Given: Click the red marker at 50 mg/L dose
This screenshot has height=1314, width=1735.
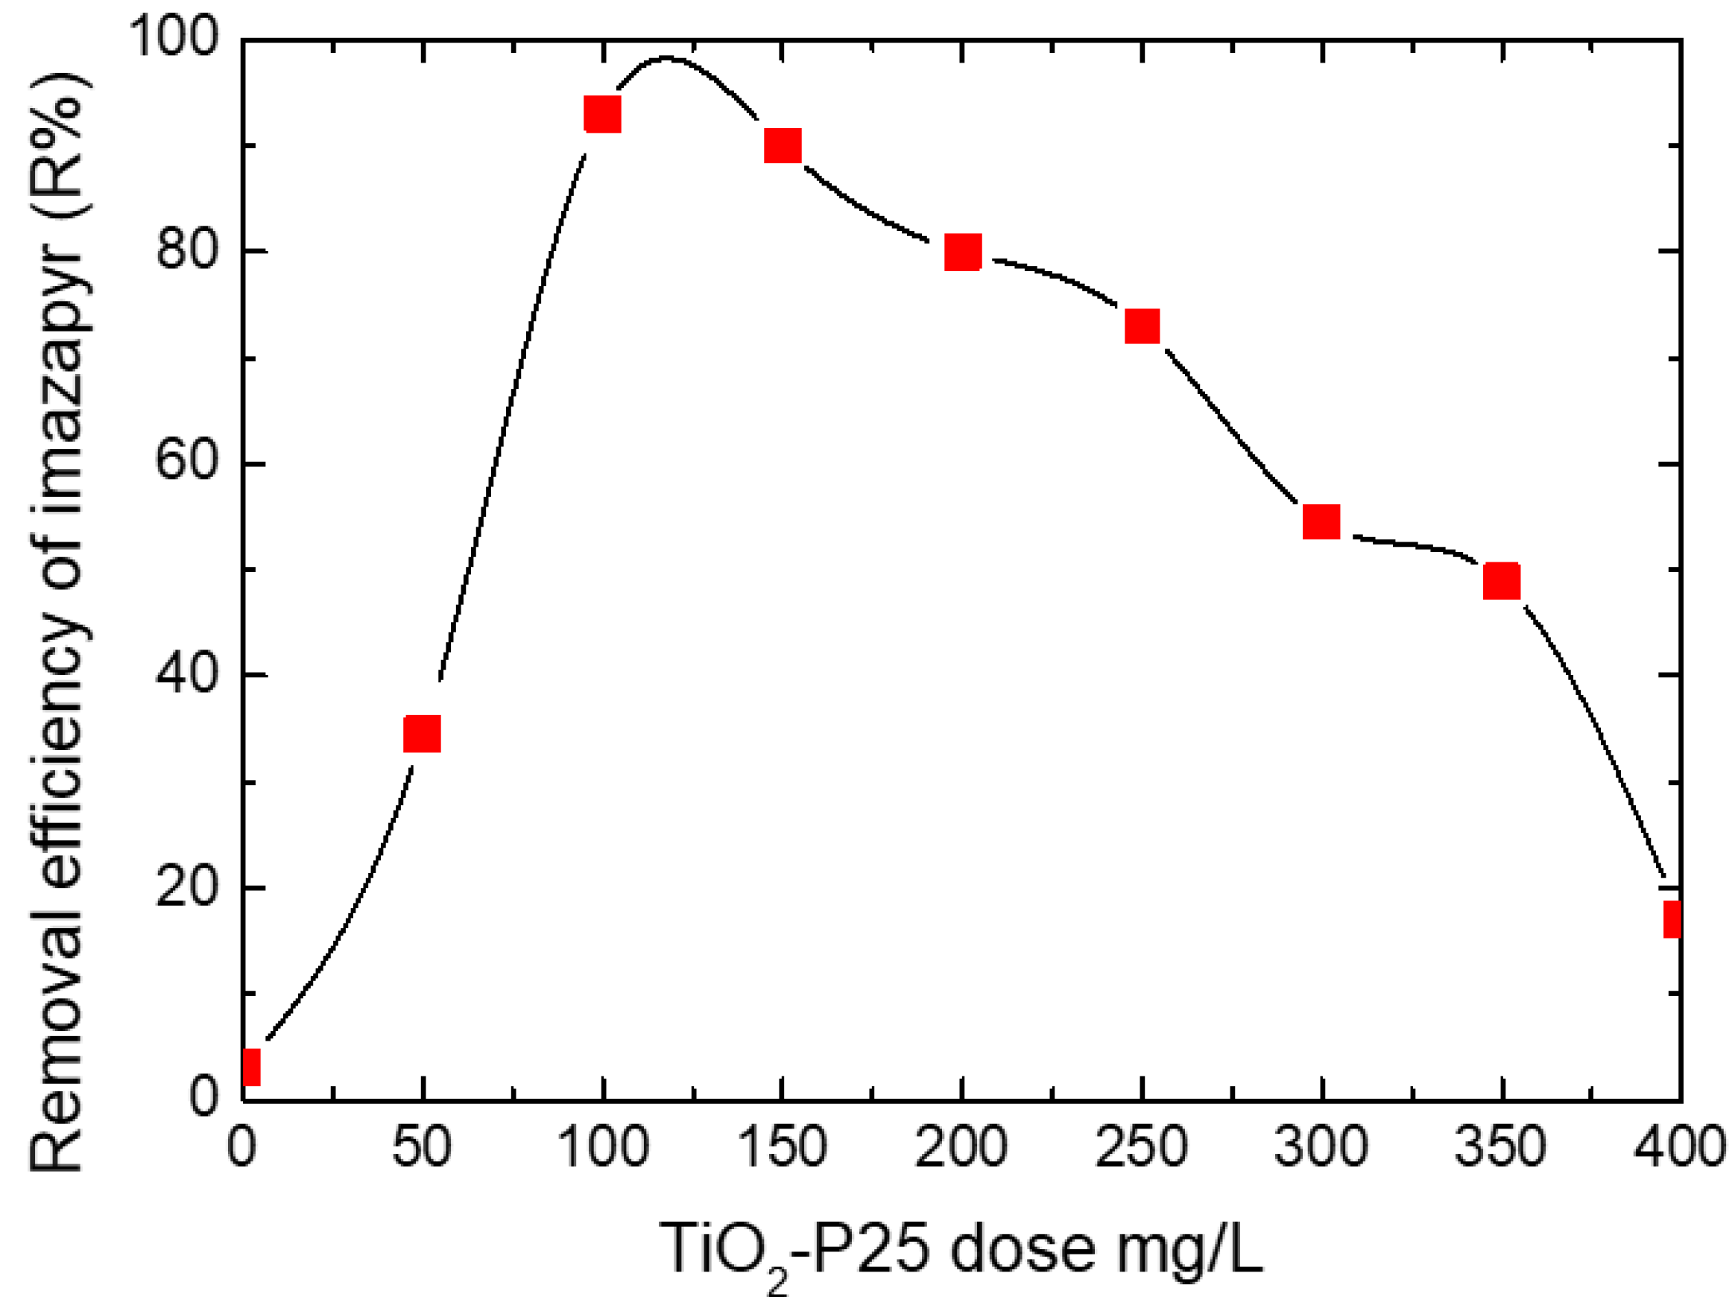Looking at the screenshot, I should [422, 734].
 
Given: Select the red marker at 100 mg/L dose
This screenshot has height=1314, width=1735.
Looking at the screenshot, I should [602, 115].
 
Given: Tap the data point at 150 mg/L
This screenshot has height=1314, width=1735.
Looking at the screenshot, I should [783, 146].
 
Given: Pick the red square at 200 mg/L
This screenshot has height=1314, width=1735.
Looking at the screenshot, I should [962, 252].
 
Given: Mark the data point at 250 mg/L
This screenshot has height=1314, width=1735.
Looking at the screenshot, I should [1142, 326].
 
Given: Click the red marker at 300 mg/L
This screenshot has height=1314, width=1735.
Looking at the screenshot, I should [1321, 521].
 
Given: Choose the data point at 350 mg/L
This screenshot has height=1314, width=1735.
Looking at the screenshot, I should [1501, 581].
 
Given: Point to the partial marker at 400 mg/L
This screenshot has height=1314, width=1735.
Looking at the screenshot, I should [1672, 919].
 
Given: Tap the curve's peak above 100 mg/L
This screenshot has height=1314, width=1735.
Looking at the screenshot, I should [667, 57].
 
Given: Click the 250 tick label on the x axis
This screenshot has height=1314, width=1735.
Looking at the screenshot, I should [1141, 1147].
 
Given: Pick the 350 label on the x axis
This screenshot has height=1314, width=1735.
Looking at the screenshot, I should [1500, 1147].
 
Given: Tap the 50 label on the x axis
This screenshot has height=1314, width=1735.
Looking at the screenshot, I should [422, 1147].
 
